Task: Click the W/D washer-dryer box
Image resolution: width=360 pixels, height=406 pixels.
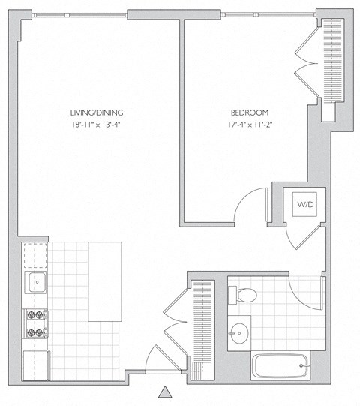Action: coord(306,204)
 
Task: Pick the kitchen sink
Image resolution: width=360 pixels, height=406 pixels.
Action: coord(34,284)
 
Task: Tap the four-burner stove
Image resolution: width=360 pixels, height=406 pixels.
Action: coord(34,324)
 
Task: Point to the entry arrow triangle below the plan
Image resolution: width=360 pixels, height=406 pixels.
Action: coord(165,392)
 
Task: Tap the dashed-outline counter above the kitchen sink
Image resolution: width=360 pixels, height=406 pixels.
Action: coord(34,255)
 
